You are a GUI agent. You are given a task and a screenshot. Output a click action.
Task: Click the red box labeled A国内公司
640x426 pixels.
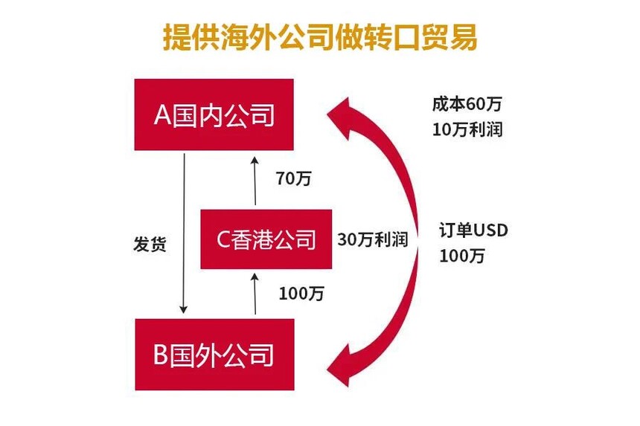point(214,114)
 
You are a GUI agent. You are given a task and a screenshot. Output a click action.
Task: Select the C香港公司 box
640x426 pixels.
point(266,239)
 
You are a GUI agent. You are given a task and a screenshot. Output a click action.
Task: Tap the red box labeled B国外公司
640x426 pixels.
point(214,355)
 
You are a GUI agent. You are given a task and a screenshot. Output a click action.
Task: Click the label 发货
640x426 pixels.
point(149,245)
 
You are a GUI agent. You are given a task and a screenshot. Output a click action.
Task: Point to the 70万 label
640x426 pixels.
point(293,178)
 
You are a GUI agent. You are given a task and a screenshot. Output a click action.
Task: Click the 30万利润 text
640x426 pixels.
point(373,239)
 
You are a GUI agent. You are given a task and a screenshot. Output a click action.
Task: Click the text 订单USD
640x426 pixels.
point(473,230)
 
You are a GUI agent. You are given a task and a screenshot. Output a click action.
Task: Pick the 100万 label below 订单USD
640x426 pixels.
point(462,256)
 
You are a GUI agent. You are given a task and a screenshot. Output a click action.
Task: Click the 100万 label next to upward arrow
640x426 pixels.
point(301,293)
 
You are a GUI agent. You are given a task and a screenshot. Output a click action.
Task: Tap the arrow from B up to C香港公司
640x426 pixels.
point(255,293)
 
